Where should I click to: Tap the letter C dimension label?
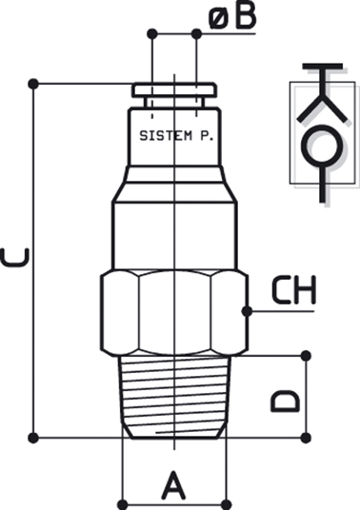tap(15, 258)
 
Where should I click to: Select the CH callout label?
tap(293, 290)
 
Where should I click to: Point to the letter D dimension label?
tap(285, 401)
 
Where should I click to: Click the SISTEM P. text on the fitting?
tap(176, 136)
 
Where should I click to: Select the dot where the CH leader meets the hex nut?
tap(248, 311)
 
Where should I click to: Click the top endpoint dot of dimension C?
tap(33, 84)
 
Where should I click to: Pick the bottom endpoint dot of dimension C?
tap(33, 438)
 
